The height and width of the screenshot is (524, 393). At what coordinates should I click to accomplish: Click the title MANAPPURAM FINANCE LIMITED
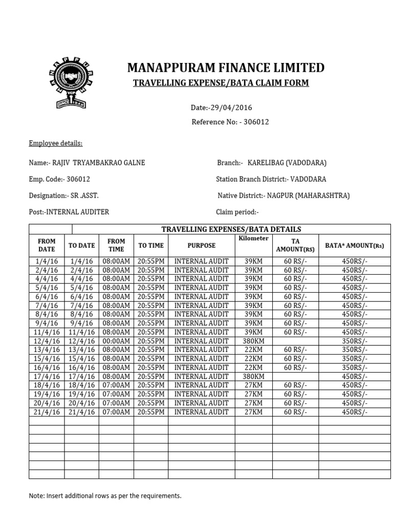click(226, 68)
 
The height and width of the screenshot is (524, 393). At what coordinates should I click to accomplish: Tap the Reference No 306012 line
click(230, 122)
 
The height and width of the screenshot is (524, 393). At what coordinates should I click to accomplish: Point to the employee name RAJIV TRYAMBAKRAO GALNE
click(87, 163)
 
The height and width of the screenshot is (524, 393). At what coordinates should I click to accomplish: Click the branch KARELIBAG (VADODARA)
click(287, 163)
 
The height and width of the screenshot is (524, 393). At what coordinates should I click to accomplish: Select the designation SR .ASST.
click(64, 195)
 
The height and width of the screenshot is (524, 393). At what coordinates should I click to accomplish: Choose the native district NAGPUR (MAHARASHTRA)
click(284, 195)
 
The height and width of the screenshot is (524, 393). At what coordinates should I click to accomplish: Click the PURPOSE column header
click(201, 246)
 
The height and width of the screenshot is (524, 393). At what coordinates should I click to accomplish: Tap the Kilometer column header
click(253, 239)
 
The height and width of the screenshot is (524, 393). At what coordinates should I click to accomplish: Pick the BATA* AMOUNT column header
click(354, 246)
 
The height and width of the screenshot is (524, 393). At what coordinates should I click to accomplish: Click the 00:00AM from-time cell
click(116, 341)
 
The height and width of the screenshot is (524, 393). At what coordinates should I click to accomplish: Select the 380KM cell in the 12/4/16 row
click(253, 341)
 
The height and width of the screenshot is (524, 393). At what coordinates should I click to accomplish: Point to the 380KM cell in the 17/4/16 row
click(253, 376)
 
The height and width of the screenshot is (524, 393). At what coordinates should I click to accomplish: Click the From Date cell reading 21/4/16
click(47, 412)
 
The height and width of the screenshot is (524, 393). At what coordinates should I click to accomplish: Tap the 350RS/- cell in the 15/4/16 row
click(354, 359)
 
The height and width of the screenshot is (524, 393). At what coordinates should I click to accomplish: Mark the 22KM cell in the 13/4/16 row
click(253, 350)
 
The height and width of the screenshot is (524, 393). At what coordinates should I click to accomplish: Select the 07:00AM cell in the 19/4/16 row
click(116, 394)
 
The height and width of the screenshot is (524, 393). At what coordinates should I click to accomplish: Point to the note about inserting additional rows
click(105, 496)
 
